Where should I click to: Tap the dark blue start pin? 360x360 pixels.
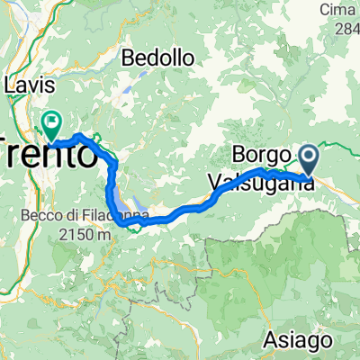click(309, 159)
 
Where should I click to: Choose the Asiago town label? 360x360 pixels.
click(295, 341)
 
